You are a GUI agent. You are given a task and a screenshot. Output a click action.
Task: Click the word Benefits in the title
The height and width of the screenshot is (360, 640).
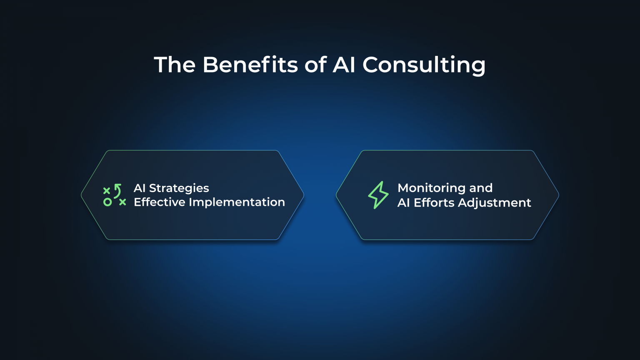tap(250, 65)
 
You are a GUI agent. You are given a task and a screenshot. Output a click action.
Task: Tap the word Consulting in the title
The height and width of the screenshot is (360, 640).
tap(424, 66)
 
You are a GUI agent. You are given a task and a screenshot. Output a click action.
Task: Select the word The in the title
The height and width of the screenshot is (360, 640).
tap(175, 65)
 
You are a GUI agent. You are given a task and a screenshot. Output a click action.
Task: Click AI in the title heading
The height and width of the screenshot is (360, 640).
tap(344, 65)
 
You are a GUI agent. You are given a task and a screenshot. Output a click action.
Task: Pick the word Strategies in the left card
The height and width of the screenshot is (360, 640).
tap(179, 188)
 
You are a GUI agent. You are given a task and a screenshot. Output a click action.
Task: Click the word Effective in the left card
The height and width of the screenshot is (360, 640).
tap(159, 202)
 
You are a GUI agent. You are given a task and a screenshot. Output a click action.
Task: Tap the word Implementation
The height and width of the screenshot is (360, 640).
tap(237, 202)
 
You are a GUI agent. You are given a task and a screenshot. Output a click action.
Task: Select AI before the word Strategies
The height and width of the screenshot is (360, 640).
tap(139, 188)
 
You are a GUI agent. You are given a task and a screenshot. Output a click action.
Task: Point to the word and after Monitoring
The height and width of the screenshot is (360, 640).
tap(481, 188)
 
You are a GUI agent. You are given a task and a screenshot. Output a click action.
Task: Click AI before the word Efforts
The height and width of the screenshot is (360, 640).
tap(403, 202)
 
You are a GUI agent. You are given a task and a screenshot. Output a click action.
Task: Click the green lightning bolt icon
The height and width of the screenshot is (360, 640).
tap(378, 195)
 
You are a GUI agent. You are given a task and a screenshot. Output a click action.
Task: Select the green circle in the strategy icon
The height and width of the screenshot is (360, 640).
tap(107, 202)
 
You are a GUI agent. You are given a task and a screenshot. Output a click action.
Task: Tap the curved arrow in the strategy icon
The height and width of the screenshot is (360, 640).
tap(118, 190)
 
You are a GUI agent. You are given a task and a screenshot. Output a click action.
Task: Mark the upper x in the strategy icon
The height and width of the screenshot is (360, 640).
tap(107, 190)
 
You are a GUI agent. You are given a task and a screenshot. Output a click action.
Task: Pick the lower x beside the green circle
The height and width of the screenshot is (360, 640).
tap(122, 202)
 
